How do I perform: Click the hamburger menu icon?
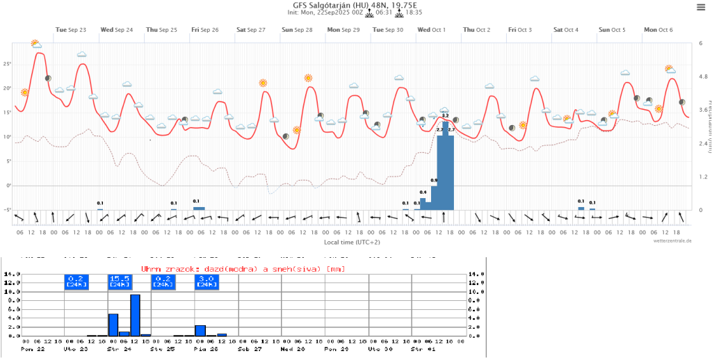pyautogui.click(x=700, y=7)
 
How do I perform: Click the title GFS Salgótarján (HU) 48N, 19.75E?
pyautogui.click(x=355, y=5)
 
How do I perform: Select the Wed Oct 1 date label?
pyautogui.click(x=431, y=30)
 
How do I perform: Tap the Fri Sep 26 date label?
pyautogui.click(x=205, y=30)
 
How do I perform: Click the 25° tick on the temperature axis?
pyautogui.click(x=8, y=64)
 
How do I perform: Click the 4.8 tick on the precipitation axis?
pyautogui.click(x=703, y=76)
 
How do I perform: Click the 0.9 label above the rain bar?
pyautogui.click(x=434, y=181)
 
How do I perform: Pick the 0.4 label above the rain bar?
pyautogui.click(x=423, y=192)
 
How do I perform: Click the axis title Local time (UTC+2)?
pyautogui.click(x=352, y=242)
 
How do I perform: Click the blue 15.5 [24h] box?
pyautogui.click(x=120, y=281)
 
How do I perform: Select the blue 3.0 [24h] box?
pyautogui.click(x=206, y=281)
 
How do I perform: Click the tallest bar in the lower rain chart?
pyautogui.click(x=135, y=315)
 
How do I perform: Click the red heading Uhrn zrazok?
pyautogui.click(x=243, y=268)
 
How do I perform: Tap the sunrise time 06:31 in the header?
pyautogui.click(x=386, y=13)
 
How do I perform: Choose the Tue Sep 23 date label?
pyautogui.click(x=71, y=30)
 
